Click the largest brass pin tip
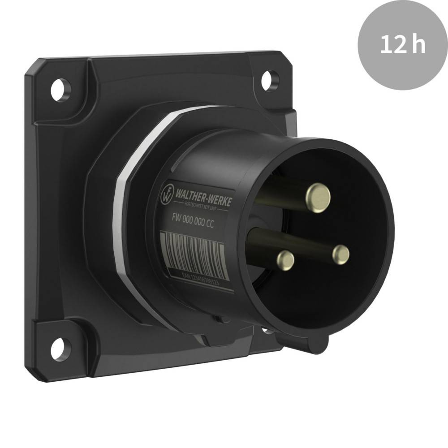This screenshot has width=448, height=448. point(318,196)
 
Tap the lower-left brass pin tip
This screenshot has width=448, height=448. point(285,260)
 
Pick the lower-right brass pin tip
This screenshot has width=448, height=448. point(341,254)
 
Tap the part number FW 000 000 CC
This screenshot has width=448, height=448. point(193,221)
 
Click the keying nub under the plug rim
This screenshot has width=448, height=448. point(314,344)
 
